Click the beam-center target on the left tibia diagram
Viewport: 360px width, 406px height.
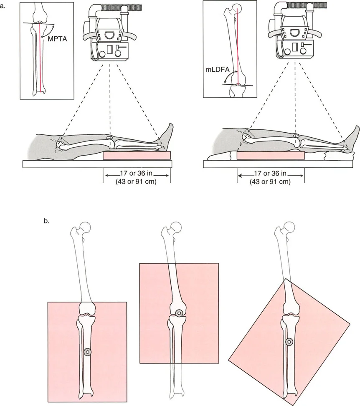point(87,352)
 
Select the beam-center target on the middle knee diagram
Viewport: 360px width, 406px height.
point(179,313)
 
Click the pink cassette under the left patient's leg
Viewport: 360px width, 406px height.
point(137,155)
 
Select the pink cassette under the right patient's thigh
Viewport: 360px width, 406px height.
point(270,155)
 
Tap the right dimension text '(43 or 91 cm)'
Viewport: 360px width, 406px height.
point(270,181)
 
